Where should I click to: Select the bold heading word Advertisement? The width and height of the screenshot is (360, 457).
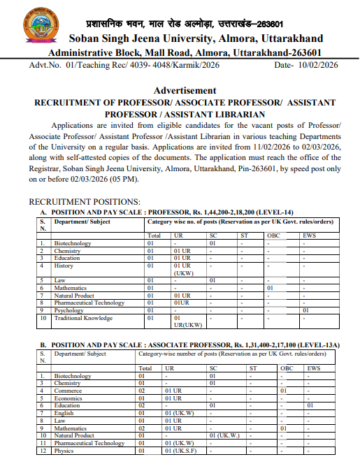click(185, 90)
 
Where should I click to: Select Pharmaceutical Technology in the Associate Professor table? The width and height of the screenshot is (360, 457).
click(89, 443)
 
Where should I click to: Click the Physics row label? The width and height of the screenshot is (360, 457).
click(65, 451)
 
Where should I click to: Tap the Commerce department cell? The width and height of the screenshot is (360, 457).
click(69, 391)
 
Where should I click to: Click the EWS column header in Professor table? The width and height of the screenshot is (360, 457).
click(309, 235)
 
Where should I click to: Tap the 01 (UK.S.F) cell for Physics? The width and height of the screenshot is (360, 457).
click(181, 451)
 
